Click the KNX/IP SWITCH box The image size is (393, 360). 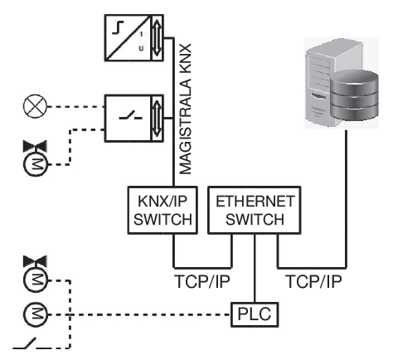coord(163,210)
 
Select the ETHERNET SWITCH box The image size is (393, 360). coord(255,210)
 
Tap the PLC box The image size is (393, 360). coord(255,314)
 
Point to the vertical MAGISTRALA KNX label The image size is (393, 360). coord(185,109)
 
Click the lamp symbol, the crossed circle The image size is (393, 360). coord(35,106)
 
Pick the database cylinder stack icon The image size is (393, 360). coord(354,95)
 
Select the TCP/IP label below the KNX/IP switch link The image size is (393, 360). coord(202,281)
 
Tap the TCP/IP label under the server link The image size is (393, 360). coord(314,281)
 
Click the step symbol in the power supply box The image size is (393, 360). coord(118,28)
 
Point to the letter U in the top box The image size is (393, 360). coord(141,49)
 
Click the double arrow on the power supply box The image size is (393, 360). coord(157,37)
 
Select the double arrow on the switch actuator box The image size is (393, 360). coord(157,118)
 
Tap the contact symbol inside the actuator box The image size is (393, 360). coord(130,116)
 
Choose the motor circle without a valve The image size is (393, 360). coord(35,314)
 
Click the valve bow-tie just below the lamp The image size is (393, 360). coord(35,146)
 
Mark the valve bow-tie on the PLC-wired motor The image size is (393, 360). coord(35,261)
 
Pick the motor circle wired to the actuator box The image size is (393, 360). coord(35,164)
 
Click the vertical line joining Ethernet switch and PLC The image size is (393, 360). coord(255,268)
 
